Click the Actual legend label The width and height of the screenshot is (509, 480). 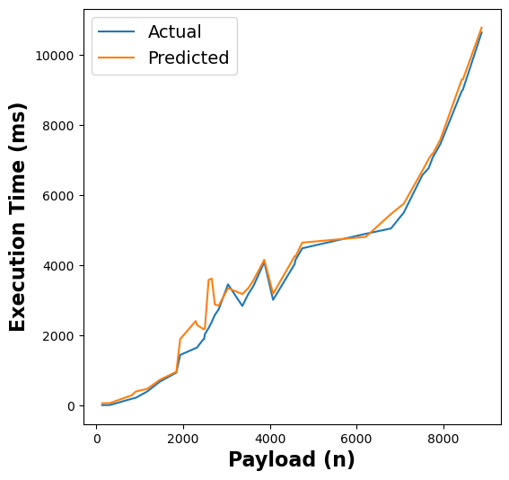[174, 32]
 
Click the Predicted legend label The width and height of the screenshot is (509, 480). [189, 58]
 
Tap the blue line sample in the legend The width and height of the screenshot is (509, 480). [117, 32]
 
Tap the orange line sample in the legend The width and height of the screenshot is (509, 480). [117, 58]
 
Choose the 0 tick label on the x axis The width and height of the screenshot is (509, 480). [97, 440]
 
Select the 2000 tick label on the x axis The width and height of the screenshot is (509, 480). [183, 440]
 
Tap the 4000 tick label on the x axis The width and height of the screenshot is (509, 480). [270, 440]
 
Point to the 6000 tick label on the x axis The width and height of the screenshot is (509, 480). [356, 440]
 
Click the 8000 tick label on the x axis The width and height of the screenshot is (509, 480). [443, 440]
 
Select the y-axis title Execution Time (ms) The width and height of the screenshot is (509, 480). [19, 217]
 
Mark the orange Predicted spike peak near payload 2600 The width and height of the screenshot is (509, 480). [211, 279]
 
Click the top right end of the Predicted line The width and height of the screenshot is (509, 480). [481, 28]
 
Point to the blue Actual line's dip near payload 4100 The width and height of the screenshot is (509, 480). [273, 299]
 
